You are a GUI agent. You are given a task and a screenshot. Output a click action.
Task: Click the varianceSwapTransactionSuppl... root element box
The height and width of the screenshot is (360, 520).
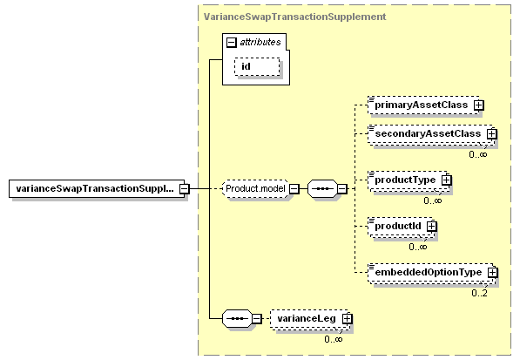[97, 189]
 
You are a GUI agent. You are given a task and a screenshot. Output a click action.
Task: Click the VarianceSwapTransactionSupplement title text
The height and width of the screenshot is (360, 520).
[294, 17]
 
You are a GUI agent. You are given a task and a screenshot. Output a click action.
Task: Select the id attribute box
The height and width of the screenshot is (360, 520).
[257, 67]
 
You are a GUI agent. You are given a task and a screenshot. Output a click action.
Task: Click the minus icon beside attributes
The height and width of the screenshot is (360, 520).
[231, 42]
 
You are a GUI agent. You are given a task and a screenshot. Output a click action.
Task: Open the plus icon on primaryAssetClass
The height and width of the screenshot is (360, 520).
[478, 105]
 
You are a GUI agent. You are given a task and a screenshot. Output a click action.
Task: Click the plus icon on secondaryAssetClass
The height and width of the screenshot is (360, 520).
[492, 134]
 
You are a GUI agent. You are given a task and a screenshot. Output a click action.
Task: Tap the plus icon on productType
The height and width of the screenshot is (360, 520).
[447, 180]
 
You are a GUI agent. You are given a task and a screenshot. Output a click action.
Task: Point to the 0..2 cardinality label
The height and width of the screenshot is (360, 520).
[480, 293]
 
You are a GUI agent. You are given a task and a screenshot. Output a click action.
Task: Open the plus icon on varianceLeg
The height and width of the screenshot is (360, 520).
[348, 319]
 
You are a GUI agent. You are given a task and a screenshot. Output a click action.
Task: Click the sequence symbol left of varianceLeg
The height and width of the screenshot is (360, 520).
[237, 319]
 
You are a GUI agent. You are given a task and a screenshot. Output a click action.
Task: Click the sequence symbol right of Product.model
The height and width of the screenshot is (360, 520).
[322, 189]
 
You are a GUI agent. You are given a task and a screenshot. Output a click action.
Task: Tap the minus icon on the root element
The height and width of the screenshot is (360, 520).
[185, 189]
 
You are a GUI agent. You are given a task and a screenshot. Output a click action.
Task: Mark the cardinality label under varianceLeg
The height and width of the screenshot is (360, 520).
[334, 339]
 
